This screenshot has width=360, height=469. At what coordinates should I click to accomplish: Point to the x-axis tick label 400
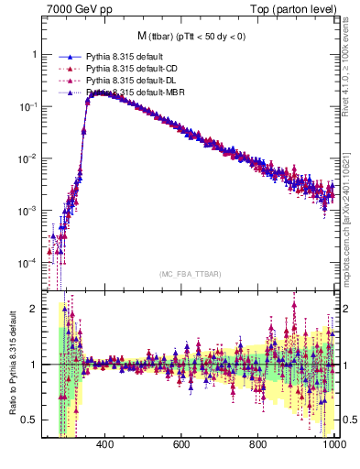pyautogui.click(x=104, y=445)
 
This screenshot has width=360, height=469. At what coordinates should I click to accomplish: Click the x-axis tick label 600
pyautogui.click(x=181, y=445)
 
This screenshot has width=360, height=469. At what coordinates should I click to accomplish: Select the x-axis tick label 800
pyautogui.click(x=258, y=445)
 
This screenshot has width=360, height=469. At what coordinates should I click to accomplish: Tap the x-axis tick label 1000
pyautogui.click(x=333, y=445)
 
